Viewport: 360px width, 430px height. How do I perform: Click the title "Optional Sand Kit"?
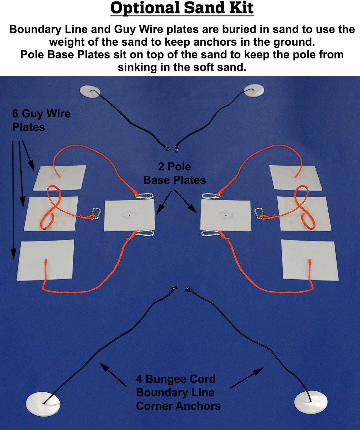pos(182,8)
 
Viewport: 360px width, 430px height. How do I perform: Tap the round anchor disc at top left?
pos(90,92)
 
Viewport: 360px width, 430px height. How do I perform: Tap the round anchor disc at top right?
pos(254,90)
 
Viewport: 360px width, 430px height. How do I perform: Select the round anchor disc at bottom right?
pos(311,402)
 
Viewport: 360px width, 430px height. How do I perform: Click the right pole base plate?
pos(226,215)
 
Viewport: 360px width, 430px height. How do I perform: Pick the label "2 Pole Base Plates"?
pos(174,173)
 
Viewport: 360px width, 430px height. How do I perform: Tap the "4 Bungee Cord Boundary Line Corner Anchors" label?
pos(178,392)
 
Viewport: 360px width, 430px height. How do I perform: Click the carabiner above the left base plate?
pos(144,196)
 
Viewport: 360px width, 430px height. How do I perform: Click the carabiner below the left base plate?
pos(145,233)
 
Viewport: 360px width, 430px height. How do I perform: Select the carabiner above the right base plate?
pos(211,196)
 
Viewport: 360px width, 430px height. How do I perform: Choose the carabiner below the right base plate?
pos(210,233)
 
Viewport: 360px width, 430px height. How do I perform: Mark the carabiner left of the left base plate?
pos(96,213)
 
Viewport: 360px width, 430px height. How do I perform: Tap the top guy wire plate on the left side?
pos(59,177)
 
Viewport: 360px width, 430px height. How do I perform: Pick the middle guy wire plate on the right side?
pos(304,214)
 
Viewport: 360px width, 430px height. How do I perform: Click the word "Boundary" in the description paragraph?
pos(35,29)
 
